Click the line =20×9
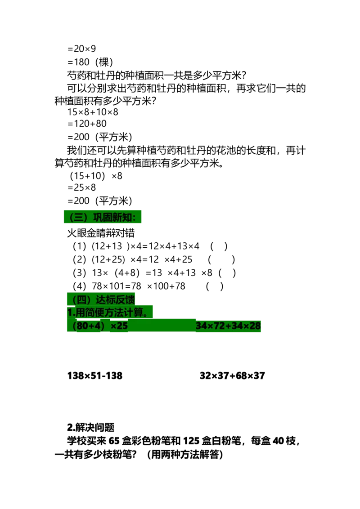point(81,49)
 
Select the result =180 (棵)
point(90,62)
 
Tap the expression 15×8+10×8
point(93,112)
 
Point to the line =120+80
point(87,124)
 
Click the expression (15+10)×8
point(96,176)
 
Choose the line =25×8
point(81,188)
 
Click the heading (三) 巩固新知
point(103,217)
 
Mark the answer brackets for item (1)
point(219,246)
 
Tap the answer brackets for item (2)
point(221,260)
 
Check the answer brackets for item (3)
point(227,273)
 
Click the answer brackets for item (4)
point(215,286)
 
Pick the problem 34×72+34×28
point(228,326)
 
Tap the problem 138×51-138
point(95,375)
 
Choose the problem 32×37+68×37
point(232,375)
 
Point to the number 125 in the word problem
point(191,441)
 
